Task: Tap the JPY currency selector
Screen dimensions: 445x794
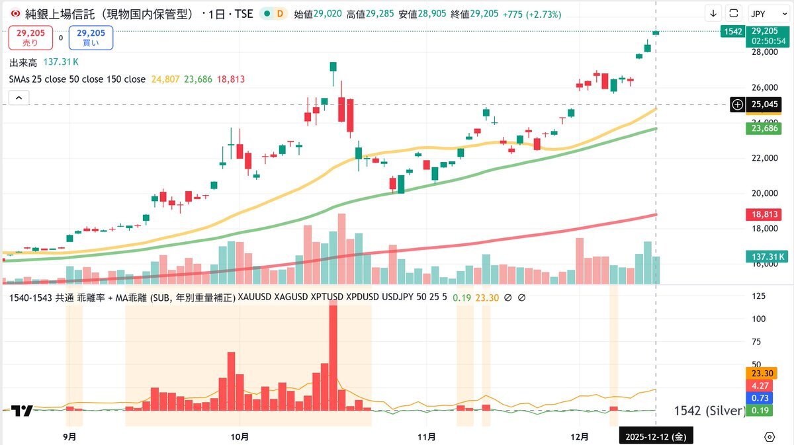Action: (767, 13)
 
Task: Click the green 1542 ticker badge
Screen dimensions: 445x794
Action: (732, 31)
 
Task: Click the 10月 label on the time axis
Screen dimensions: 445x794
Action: (241, 436)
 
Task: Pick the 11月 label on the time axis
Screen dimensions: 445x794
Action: (427, 436)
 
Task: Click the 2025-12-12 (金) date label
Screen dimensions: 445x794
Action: (655, 436)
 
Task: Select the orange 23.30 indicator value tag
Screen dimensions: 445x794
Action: (760, 372)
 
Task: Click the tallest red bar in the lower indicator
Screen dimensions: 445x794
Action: (333, 357)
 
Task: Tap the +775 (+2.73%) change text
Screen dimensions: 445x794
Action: (531, 14)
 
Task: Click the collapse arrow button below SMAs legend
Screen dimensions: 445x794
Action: (19, 98)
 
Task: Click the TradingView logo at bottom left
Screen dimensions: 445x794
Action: (22, 411)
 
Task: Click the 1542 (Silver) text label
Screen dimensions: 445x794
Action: (709, 411)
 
